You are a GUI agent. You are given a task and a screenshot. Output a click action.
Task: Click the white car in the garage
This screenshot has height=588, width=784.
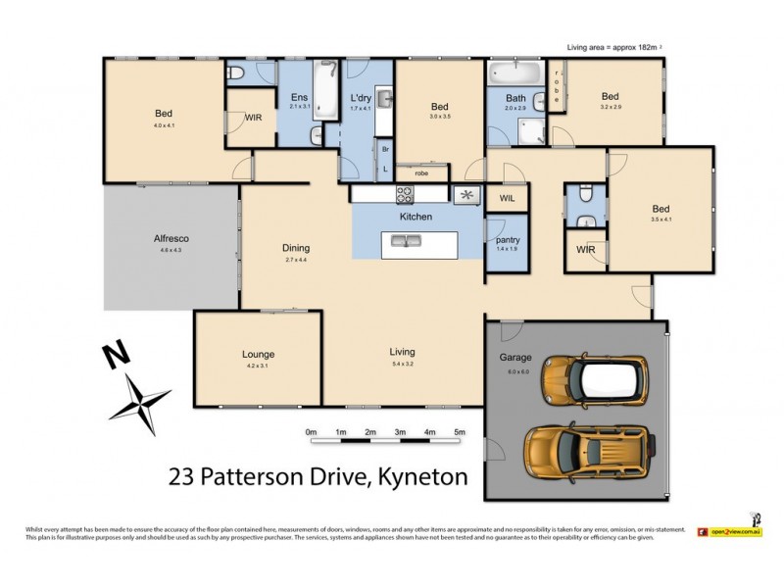[x=594, y=381]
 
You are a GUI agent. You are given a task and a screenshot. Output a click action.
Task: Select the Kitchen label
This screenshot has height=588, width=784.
[x=416, y=216]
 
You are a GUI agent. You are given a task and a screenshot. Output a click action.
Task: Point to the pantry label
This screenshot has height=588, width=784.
[x=508, y=240]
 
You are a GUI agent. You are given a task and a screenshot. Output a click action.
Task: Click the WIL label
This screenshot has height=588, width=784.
[x=507, y=198]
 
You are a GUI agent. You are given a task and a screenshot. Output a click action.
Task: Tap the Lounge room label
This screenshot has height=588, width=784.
[x=258, y=354]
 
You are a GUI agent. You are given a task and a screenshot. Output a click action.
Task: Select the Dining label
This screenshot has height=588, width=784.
[x=295, y=248]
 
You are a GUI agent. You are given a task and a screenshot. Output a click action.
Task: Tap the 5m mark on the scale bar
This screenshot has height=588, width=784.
[x=459, y=432]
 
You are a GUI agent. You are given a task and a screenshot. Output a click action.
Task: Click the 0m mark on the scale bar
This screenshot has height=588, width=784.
[x=311, y=432]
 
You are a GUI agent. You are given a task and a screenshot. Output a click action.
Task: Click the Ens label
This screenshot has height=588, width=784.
[x=300, y=97]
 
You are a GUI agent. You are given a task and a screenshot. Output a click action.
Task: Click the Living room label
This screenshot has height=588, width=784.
[x=402, y=351]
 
